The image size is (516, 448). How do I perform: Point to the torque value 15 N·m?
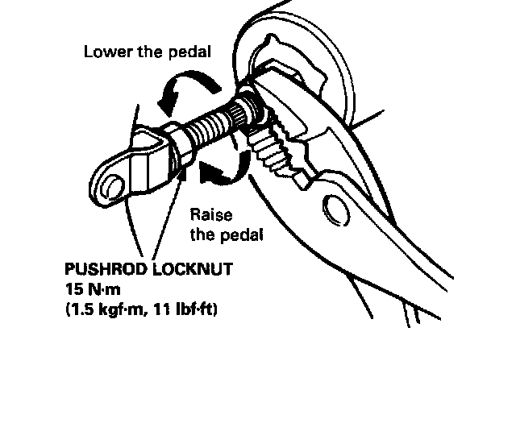[x=94, y=288]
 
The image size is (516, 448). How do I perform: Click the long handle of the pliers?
[x=403, y=266]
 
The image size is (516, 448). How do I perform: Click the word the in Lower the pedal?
[x=149, y=53]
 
